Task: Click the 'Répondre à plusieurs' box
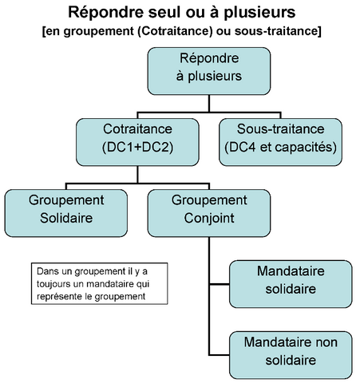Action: coord(209,71)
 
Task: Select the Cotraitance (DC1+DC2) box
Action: coord(137,142)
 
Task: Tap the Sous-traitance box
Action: coord(280,142)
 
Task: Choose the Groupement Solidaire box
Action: coord(66,213)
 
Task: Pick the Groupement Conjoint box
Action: coord(209,213)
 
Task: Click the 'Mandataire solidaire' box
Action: coord(291,284)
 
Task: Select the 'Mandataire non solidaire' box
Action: coord(291,355)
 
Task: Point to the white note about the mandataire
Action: coord(100,283)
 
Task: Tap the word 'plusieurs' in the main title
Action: coord(259,13)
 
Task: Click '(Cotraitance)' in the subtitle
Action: coord(175,31)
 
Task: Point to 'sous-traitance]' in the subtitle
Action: coord(278,31)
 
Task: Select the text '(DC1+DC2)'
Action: coord(137,147)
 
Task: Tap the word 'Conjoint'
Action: coord(209,219)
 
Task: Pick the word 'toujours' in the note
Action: coord(53,284)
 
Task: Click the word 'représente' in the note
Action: coord(59,297)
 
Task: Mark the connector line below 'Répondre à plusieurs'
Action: coord(209,104)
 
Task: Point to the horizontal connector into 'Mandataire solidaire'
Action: coord(220,284)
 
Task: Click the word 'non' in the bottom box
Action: coord(326,342)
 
